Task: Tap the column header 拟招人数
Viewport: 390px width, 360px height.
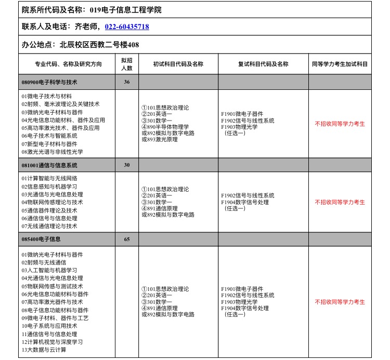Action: (x=127, y=64)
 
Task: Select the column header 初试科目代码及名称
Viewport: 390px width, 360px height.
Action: (x=178, y=64)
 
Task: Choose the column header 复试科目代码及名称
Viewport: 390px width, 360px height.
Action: (x=263, y=64)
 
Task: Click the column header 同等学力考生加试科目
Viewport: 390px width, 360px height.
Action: (x=340, y=64)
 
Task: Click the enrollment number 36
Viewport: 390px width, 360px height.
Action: (x=127, y=82)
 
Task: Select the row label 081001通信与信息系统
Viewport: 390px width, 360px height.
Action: (x=49, y=165)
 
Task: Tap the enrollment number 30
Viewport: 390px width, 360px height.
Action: (x=127, y=165)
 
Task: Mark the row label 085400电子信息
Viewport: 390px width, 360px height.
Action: (x=41, y=239)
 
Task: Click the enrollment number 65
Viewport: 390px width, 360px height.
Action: (x=127, y=239)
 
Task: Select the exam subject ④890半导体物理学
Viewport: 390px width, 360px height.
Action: (x=165, y=126)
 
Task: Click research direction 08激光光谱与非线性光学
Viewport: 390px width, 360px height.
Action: (x=52, y=152)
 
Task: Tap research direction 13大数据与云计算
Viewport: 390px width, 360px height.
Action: (x=44, y=350)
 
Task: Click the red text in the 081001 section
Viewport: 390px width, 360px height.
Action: (x=340, y=202)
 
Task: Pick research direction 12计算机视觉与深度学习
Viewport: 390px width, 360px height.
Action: (x=52, y=342)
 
